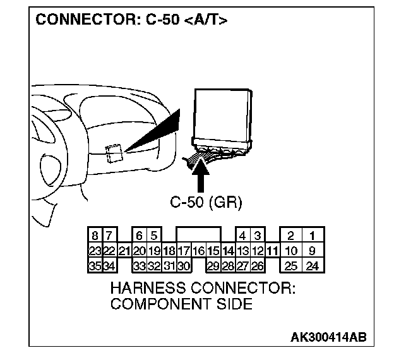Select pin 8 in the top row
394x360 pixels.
tap(95, 237)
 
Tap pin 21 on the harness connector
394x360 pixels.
tap(125, 251)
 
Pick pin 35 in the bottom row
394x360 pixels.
tap(95, 266)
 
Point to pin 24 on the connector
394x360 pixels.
tap(312, 266)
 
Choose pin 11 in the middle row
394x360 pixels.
tap(272, 251)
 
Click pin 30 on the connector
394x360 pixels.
tap(184, 266)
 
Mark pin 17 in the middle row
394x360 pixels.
tap(184, 251)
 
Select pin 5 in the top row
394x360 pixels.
tap(154, 237)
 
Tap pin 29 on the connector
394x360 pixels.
tap(213, 266)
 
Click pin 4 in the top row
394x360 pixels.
tap(242, 237)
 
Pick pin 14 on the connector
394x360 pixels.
tap(228, 251)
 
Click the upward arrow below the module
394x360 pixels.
tap(203, 176)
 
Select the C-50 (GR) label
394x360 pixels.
tap(206, 203)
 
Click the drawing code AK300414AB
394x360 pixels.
tap(328, 338)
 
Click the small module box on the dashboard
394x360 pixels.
tap(114, 153)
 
